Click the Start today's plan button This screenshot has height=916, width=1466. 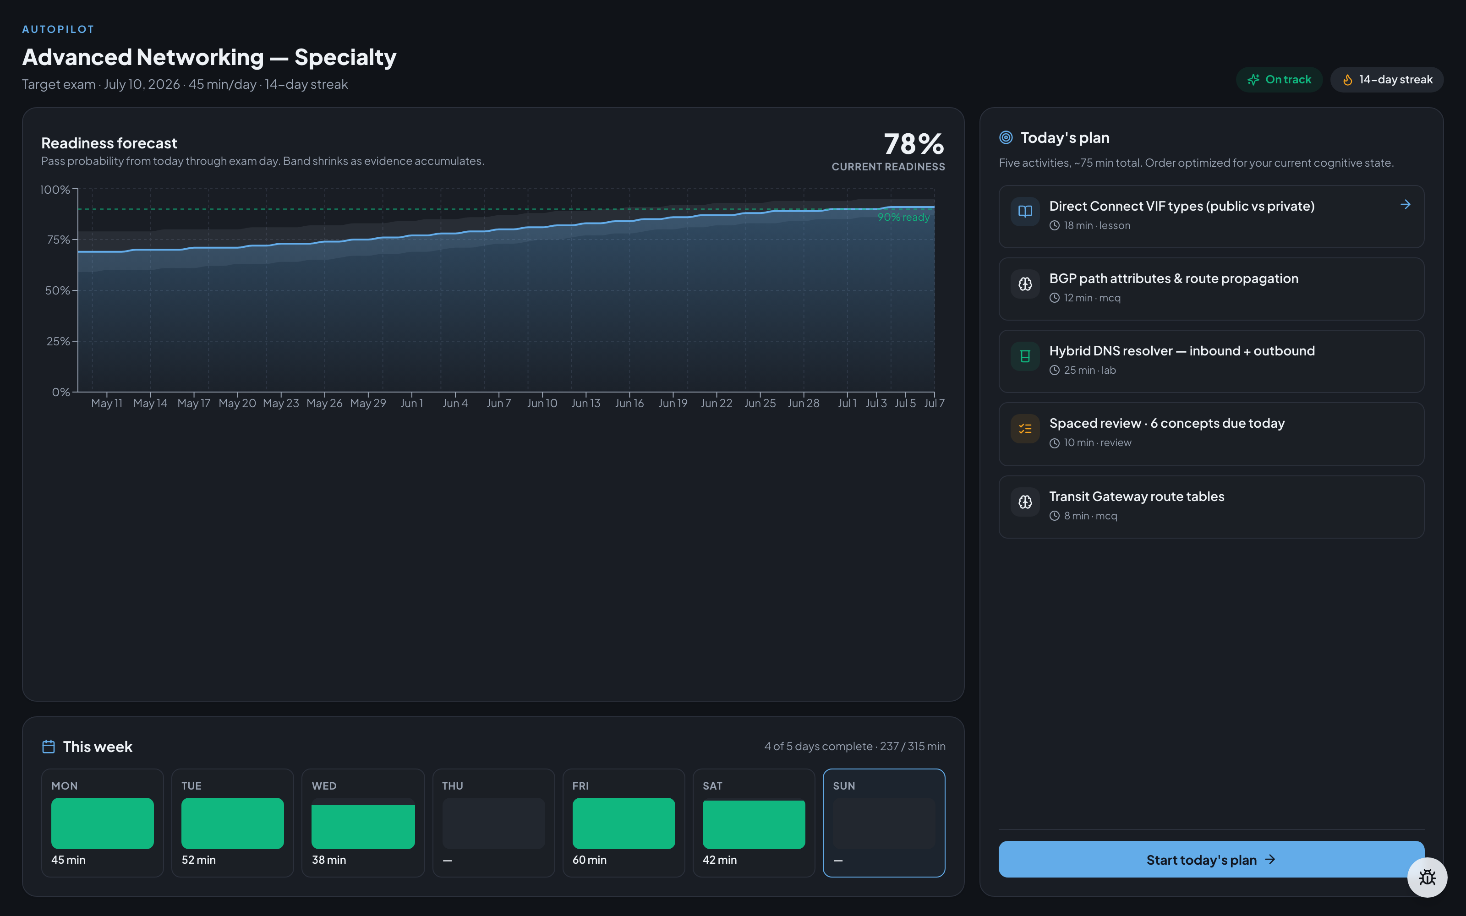coord(1211,859)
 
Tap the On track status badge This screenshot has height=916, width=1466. coord(1280,79)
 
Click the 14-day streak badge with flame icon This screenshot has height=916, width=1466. coord(1387,79)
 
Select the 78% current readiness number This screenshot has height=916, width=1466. coord(914,144)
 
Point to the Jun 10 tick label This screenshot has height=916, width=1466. coord(542,403)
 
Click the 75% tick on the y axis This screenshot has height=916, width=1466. coord(58,240)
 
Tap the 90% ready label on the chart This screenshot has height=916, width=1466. coord(903,217)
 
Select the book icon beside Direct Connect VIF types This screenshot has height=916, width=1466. coord(1025,212)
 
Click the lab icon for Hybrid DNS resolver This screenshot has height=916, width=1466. coord(1025,356)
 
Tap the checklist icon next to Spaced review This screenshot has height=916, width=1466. coord(1025,429)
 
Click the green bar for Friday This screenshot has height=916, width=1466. coord(624,823)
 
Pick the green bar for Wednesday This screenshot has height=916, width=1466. coord(363,827)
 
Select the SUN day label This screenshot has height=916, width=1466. coord(844,786)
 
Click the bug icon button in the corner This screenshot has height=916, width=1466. coord(1427,877)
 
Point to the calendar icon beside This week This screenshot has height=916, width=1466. coord(49,747)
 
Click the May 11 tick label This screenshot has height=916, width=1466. coord(107,403)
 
